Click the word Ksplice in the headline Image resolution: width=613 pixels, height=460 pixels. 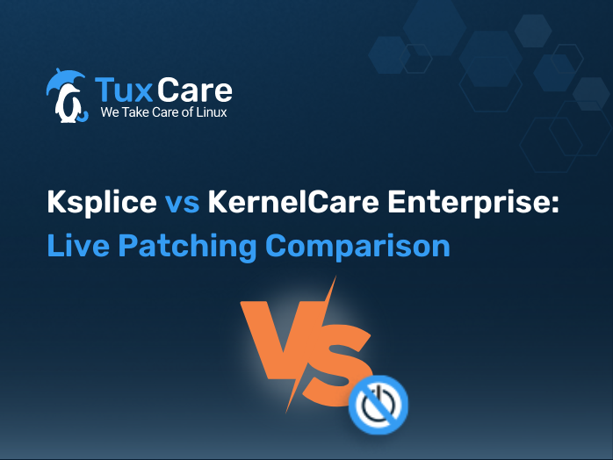point(102,202)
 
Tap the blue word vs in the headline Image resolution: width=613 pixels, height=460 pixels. point(182,204)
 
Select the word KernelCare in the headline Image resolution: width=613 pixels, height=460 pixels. point(293,202)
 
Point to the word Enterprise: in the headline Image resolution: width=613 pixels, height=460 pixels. point(473,203)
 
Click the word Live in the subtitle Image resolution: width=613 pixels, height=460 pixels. point(78,245)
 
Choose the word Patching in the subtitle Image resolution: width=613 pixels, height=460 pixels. point(187,246)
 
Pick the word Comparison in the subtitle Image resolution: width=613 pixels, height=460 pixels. point(357,246)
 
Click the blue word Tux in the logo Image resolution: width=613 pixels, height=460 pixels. point(124,90)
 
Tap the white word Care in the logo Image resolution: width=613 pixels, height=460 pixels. point(195,90)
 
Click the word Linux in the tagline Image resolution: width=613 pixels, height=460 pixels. point(211,112)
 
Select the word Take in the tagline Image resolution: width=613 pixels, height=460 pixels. point(135,112)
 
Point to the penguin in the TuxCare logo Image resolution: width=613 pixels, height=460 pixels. point(69,104)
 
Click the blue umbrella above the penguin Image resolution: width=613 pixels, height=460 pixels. point(65,79)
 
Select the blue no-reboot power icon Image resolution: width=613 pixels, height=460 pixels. point(379,405)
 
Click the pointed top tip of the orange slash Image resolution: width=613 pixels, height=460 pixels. point(335,277)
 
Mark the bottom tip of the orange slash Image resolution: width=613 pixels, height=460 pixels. point(286,413)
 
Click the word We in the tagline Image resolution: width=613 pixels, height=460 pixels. point(110,112)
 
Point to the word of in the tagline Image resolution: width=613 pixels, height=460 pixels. point(188,112)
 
